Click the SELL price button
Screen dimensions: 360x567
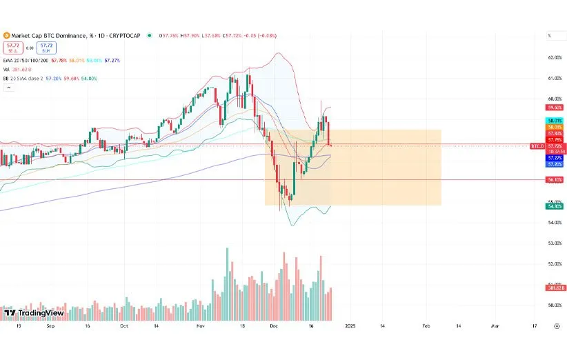tap(11, 48)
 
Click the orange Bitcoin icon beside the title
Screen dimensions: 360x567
tap(6, 35)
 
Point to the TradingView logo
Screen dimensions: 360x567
tap(34, 313)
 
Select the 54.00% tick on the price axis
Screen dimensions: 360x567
tap(553, 222)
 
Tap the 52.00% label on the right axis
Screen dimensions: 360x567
tap(553, 263)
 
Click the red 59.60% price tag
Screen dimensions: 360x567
tap(555, 108)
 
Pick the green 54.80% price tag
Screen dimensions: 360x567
tap(555, 206)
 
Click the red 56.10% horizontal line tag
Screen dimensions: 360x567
tap(555, 179)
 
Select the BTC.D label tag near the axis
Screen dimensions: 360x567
tap(537, 147)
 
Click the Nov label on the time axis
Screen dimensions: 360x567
tap(201, 324)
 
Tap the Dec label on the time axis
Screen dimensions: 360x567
tap(274, 324)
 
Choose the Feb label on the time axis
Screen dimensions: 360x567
tap(426, 324)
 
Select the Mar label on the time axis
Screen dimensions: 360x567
tap(494, 324)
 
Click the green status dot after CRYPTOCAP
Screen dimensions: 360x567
tap(150, 35)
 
